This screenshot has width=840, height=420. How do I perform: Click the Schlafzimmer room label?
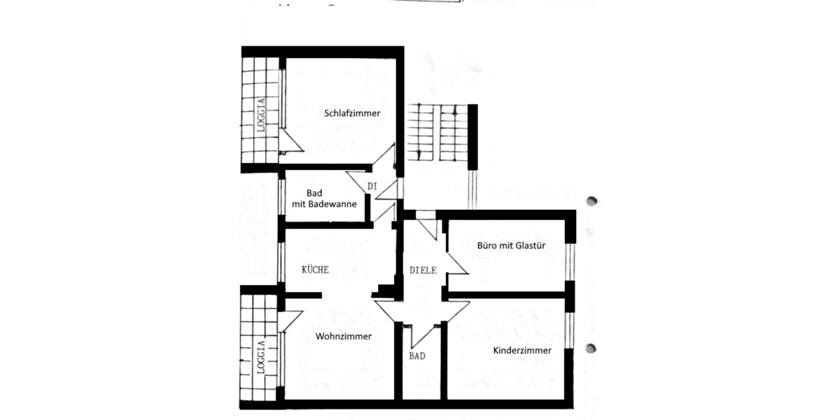(x=352, y=113)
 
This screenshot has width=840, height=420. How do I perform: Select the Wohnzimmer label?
(x=343, y=337)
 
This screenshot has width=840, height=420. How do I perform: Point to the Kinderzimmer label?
(x=521, y=351)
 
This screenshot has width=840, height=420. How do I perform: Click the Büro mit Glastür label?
(x=511, y=246)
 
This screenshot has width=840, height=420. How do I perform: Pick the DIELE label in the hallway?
(x=423, y=270)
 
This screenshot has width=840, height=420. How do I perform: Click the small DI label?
(x=372, y=186)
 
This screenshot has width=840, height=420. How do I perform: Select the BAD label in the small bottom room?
(x=417, y=356)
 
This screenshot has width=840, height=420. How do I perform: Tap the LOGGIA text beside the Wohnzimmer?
(x=260, y=357)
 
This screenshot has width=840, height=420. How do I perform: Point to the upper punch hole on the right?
(x=592, y=202)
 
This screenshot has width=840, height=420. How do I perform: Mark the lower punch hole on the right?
(x=592, y=348)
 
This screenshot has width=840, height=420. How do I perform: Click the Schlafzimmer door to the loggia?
(x=290, y=140)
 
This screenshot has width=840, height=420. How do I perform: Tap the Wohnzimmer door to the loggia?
(x=288, y=321)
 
